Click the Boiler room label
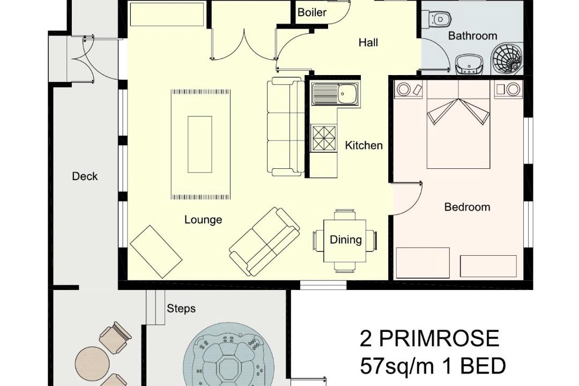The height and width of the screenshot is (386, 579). click(x=312, y=12)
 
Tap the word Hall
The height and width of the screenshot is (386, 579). click(x=368, y=43)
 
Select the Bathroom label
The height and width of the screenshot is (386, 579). click(x=472, y=36)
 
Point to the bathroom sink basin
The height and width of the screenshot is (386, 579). click(x=470, y=65)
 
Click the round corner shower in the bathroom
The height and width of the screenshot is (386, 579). click(x=506, y=58)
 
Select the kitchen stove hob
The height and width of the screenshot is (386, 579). click(x=324, y=138)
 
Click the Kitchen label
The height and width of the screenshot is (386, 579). click(x=363, y=145)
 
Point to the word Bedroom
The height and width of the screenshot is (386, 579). click(x=467, y=207)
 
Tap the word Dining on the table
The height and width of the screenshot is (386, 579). click(x=346, y=240)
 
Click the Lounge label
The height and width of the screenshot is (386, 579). click(x=203, y=220)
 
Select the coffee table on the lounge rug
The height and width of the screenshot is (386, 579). click(x=200, y=144)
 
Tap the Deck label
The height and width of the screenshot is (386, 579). click(x=85, y=176)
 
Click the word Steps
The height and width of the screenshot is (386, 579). click(x=181, y=308)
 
